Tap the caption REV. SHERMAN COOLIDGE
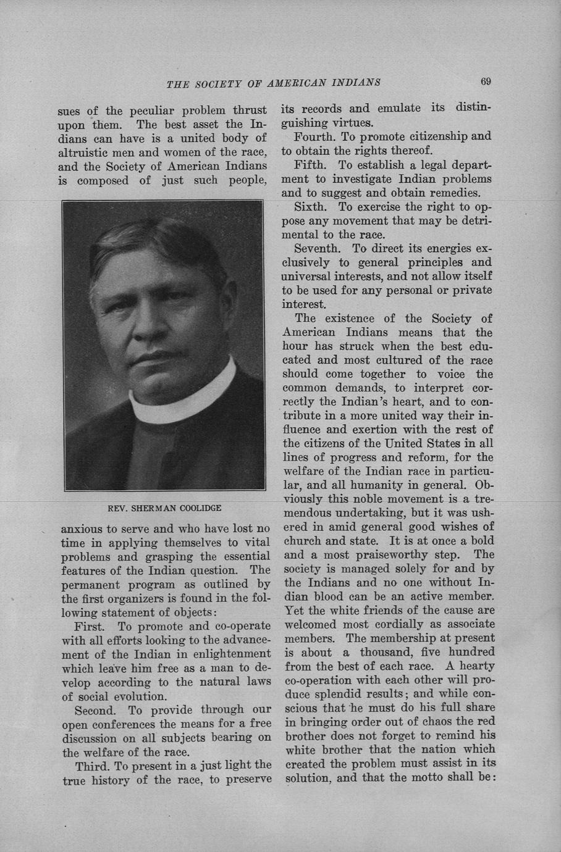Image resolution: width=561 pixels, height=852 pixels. [x=164, y=508]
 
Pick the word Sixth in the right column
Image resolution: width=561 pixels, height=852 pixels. [x=312, y=207]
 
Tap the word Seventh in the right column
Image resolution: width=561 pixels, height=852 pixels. [x=317, y=249]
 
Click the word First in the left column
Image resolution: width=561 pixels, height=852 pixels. [x=88, y=625]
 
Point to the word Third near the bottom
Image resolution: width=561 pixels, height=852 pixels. [x=93, y=766]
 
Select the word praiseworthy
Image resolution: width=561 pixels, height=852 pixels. [x=399, y=554]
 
